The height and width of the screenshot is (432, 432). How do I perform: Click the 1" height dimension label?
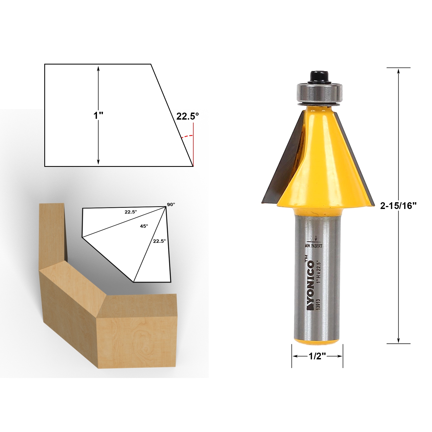[98, 116]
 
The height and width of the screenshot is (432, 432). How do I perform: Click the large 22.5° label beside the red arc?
[187, 116]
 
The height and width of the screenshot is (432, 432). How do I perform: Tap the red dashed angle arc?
[188, 136]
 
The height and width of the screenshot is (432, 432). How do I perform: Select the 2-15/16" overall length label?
[398, 206]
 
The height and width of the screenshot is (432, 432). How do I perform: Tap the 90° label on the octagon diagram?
[171, 204]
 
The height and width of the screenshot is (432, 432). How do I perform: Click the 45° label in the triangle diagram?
[144, 226]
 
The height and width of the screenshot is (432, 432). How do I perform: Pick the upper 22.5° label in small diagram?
[131, 212]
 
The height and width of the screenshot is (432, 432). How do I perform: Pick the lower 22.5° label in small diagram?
[159, 241]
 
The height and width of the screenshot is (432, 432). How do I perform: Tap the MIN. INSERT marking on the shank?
[313, 246]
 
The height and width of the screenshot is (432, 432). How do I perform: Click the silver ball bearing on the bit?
[319, 92]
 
